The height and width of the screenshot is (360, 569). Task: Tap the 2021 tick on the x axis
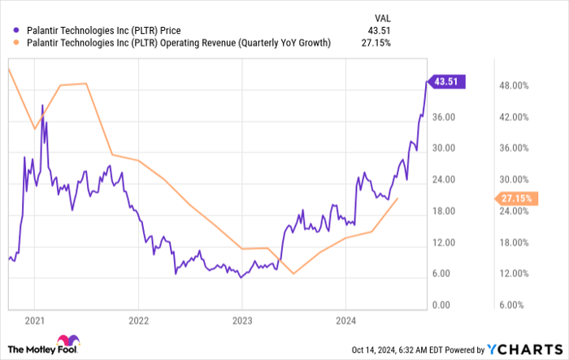pos(33,320)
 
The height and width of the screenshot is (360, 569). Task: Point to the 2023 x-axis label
pos(242,320)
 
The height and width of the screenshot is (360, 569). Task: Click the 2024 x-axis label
pos(346,320)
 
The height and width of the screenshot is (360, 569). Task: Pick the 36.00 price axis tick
pos(443,117)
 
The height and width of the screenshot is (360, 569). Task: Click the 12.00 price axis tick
pos(443,243)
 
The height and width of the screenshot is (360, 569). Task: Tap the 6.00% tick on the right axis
pos(515,306)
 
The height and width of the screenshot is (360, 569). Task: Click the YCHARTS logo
pos(524,349)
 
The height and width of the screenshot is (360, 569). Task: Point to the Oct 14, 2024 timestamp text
pos(412,349)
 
